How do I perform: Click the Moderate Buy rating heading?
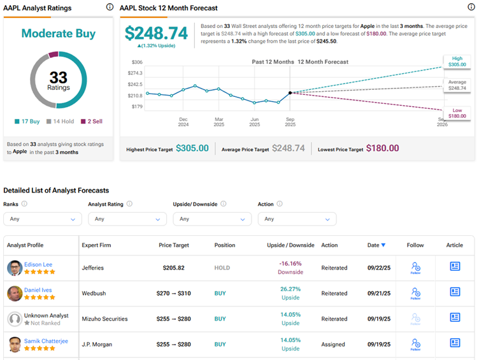(x=58, y=33)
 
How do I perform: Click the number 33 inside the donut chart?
(x=58, y=78)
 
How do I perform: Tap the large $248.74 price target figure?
(x=156, y=33)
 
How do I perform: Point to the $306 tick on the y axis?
(x=137, y=62)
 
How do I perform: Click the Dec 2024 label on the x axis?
(x=183, y=122)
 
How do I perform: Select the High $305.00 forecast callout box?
(x=457, y=61)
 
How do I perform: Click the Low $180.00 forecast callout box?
(x=457, y=113)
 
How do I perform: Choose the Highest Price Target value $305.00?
(x=192, y=148)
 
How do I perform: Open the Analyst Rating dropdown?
(x=127, y=219)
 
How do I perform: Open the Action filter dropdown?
(x=297, y=219)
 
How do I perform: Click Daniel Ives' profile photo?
(x=15, y=294)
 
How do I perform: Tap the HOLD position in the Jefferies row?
(x=222, y=268)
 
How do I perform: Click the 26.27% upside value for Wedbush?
(x=290, y=288)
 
